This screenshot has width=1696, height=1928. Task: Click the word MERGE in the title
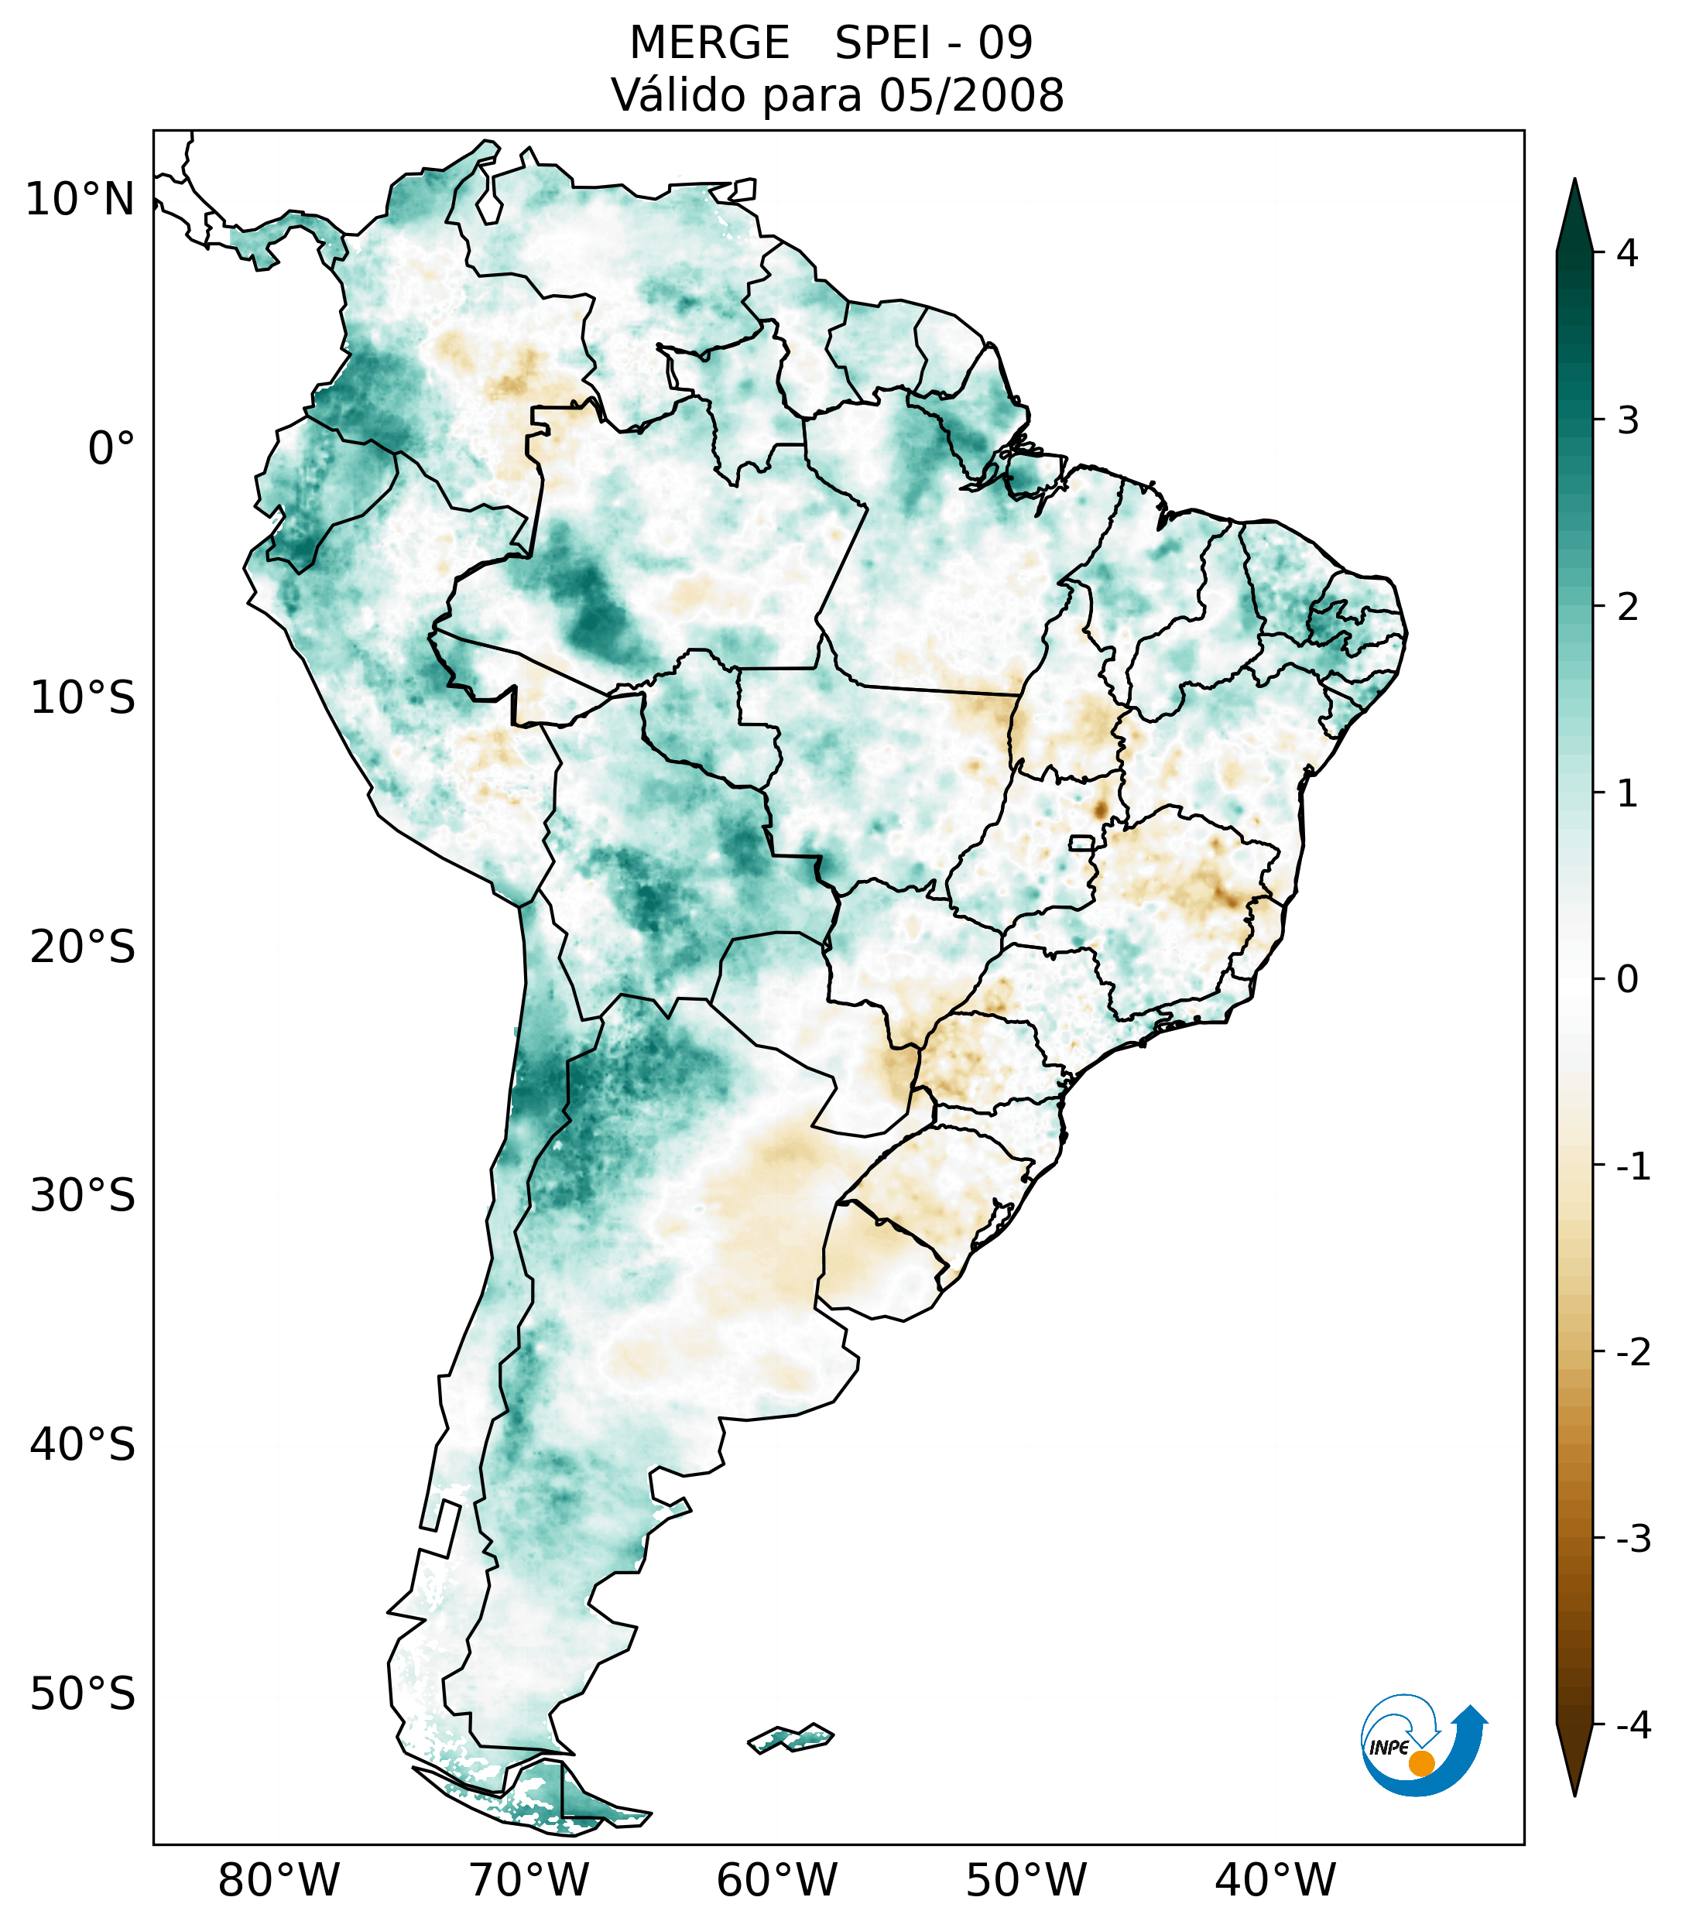point(708,43)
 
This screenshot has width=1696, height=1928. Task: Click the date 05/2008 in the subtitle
point(971,95)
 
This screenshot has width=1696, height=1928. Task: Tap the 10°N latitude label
point(81,200)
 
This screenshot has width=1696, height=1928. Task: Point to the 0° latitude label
point(111,449)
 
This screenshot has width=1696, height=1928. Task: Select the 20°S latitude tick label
point(83,947)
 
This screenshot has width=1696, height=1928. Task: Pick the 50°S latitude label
point(83,1694)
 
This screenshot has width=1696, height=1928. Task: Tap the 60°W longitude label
point(776,1880)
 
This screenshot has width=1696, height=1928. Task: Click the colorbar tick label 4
point(1627,253)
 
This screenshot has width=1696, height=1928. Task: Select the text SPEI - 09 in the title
point(934,43)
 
